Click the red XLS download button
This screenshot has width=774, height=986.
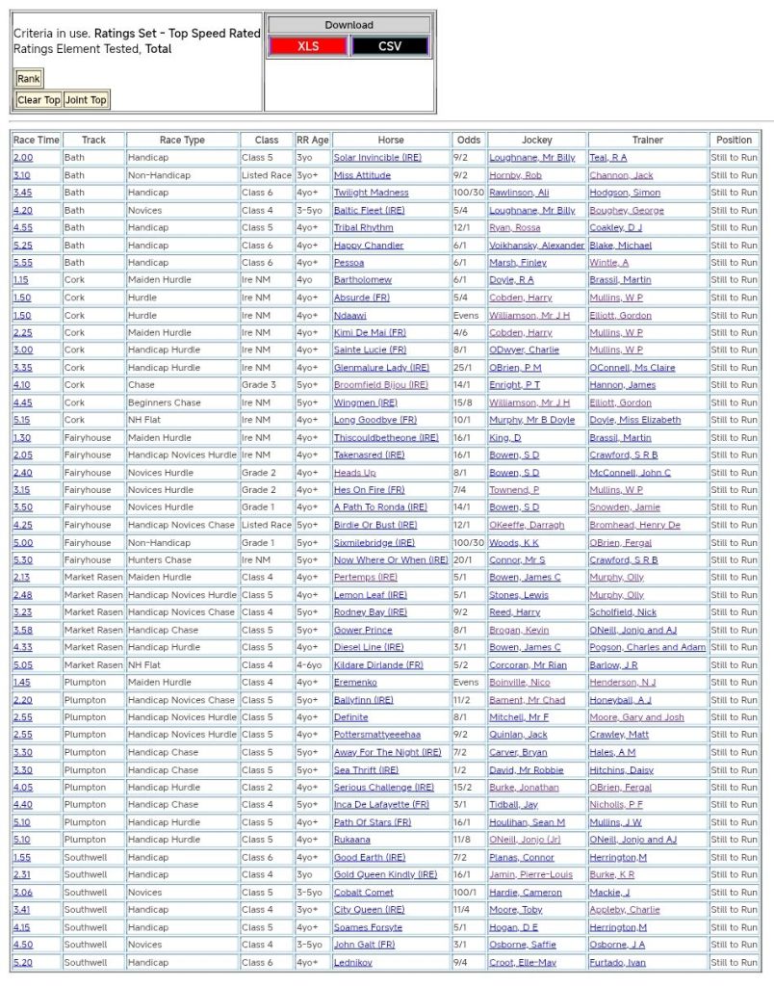coord(308,46)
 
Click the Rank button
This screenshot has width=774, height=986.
coord(28,79)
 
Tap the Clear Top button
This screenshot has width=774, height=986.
coord(39,100)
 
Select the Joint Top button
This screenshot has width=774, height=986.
coord(86,100)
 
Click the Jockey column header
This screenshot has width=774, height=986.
coord(536,140)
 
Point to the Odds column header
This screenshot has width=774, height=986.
coord(468,140)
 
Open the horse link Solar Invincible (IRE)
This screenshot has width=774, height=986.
coord(376,158)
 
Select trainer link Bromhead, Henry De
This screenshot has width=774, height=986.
coord(634,526)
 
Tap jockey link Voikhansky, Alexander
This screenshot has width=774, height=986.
coord(536,246)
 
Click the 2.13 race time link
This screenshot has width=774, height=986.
coord(22,578)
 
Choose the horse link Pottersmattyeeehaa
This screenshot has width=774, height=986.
coord(376,735)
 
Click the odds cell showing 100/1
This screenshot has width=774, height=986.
coord(466,893)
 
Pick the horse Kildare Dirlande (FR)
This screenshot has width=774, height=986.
coord(377,665)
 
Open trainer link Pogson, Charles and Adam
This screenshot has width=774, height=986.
coord(647,648)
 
